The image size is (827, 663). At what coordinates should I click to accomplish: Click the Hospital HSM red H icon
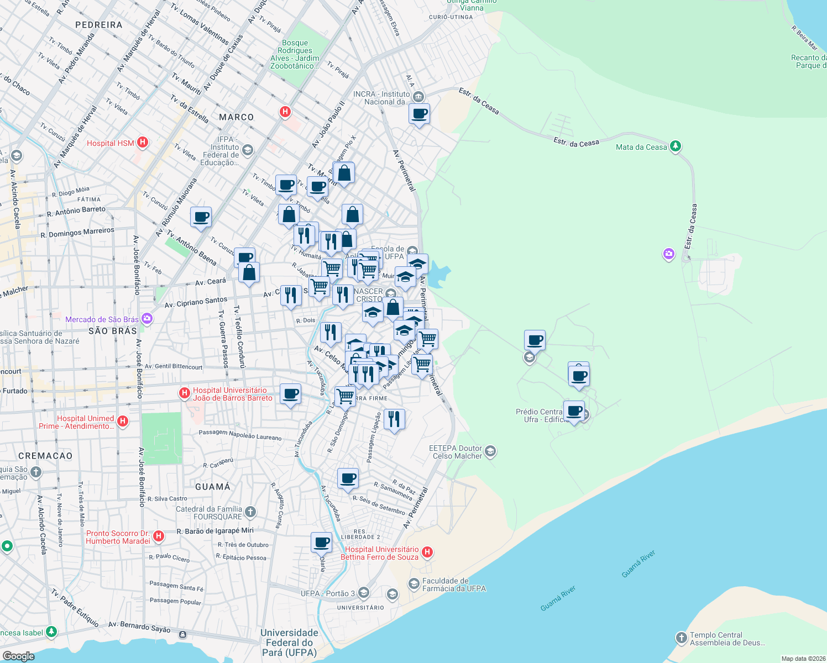(143, 143)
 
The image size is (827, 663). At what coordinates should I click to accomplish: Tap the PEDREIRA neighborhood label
(98, 25)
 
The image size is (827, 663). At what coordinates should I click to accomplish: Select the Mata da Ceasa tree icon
(675, 146)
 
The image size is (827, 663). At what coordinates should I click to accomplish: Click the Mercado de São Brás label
(102, 319)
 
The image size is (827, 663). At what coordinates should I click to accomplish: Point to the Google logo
(18, 656)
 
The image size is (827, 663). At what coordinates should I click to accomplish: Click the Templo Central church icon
(681, 638)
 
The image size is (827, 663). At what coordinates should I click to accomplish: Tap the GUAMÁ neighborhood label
(213, 487)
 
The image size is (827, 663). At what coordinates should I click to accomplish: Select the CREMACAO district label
(45, 456)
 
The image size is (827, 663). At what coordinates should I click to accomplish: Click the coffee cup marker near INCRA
(419, 114)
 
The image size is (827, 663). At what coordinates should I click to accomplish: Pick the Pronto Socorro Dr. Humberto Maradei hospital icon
(159, 536)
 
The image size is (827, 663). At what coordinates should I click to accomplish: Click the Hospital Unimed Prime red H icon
(123, 421)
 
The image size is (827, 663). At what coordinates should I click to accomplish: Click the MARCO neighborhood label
(236, 117)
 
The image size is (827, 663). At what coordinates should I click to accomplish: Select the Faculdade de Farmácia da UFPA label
(454, 585)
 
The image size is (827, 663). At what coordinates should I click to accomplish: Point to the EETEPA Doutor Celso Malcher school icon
(490, 451)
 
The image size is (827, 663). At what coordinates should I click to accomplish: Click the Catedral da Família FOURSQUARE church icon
(250, 512)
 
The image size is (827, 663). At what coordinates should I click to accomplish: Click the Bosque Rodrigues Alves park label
(295, 54)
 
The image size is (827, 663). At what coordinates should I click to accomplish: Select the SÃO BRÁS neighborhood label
(113, 331)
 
